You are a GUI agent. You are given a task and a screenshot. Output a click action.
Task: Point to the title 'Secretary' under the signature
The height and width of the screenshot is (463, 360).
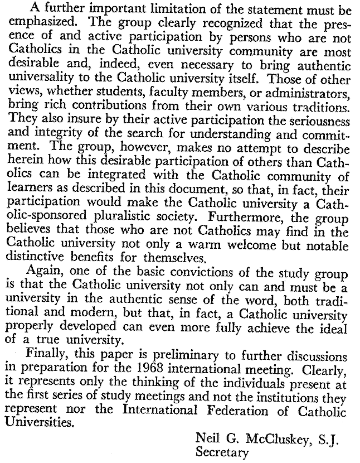coord(221,452)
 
